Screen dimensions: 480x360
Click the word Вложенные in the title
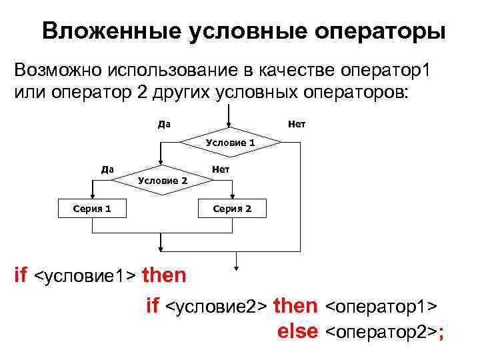click(x=101, y=31)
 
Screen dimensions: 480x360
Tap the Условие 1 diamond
click(x=230, y=143)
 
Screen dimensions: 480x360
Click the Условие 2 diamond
click(x=161, y=180)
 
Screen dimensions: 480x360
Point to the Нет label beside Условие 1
click(x=297, y=124)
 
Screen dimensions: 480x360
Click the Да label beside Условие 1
click(x=163, y=124)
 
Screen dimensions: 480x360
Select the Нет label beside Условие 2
click(x=220, y=169)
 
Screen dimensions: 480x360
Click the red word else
click(x=297, y=331)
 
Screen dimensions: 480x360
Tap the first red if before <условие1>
click(x=21, y=275)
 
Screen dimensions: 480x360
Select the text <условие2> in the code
click(x=217, y=306)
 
